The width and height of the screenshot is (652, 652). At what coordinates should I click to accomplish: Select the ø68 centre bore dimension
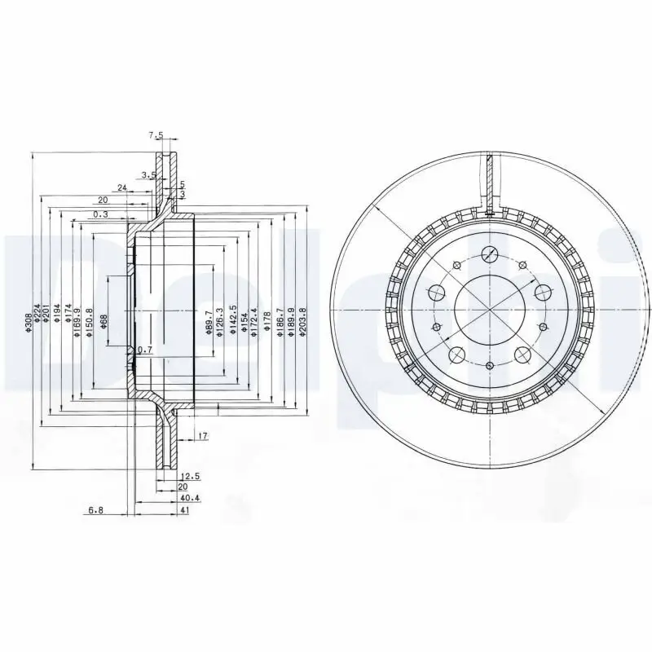[104, 321]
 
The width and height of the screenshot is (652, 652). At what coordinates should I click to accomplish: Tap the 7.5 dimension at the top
[156, 135]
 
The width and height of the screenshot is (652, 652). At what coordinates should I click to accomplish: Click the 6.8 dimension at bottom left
[95, 510]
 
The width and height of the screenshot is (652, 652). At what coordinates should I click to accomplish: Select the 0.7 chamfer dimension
[145, 350]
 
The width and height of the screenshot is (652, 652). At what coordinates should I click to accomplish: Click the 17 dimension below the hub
[202, 437]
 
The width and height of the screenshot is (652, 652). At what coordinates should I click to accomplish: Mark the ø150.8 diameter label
[88, 323]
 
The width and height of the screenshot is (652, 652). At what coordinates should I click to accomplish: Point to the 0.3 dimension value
[99, 214]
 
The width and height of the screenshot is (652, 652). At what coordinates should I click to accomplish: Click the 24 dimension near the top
[121, 187]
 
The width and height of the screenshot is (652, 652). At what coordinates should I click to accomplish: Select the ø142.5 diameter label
[232, 320]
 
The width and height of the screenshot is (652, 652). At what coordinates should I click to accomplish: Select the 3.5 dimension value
[148, 175]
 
